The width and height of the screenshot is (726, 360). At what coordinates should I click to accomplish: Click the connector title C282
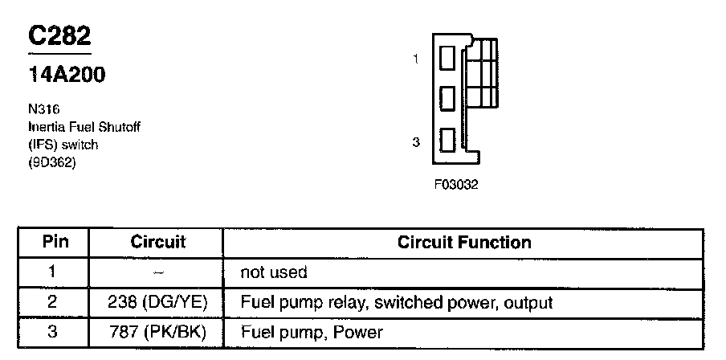pos(59,36)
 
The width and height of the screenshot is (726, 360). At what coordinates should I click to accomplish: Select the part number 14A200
pos(67,76)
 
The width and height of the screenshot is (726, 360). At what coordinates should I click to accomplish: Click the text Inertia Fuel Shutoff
pos(77,127)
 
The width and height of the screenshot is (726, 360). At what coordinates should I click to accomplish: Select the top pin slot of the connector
pos(448,59)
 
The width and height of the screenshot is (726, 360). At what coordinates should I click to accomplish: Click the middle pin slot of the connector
pos(448,98)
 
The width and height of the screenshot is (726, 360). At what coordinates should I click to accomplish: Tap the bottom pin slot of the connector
pos(448,141)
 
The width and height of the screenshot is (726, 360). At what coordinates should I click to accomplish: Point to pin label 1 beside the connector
pos(415,59)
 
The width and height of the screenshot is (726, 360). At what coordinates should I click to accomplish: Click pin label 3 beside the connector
pos(415,142)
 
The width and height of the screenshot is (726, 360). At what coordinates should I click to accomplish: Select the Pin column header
pos(55,243)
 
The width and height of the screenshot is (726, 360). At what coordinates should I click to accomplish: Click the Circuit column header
pos(157,243)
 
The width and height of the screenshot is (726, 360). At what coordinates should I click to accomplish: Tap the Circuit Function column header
pos(464,243)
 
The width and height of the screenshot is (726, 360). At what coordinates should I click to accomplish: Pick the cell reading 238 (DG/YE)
pos(157,303)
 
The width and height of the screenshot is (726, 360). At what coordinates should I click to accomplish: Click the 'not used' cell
pos(273,273)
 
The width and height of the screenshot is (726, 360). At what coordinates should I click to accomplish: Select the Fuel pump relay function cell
pos(397,303)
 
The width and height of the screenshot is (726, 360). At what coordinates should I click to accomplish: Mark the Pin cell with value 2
pos(53,303)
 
